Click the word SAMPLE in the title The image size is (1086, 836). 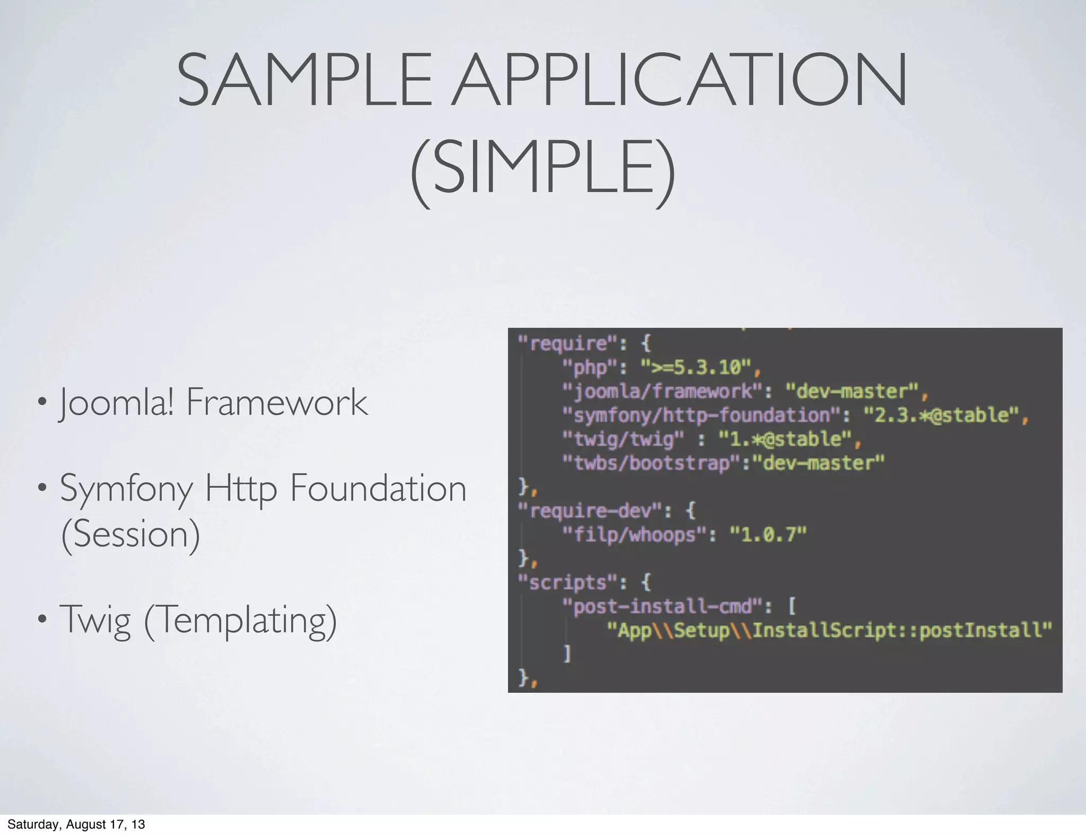tap(304, 80)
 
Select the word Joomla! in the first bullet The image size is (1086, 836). tap(117, 402)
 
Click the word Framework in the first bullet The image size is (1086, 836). tap(276, 402)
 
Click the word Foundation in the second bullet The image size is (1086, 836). tap(378, 489)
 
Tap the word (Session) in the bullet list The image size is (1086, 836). tap(130, 534)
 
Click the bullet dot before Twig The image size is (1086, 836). tap(42, 619)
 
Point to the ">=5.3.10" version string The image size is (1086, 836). tap(696, 367)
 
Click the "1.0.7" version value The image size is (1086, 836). tap(768, 535)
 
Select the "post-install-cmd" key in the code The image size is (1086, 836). tap(663, 606)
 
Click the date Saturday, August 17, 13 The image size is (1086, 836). tap(76, 824)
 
